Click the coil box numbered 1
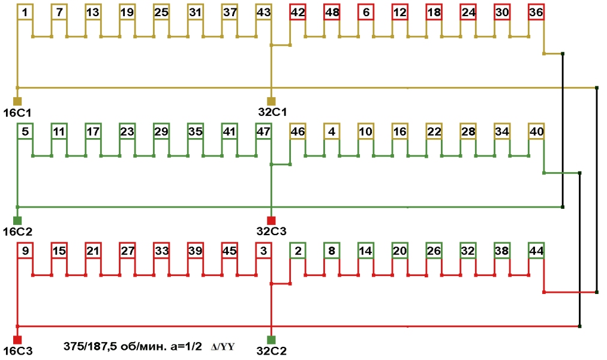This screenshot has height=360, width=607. (x=25, y=13)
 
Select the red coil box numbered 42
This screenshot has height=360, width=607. (x=298, y=13)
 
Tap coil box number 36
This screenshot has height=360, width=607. (x=536, y=13)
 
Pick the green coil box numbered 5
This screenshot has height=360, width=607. (x=25, y=131)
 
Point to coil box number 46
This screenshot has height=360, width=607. (x=298, y=131)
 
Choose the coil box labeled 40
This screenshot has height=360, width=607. (x=536, y=131)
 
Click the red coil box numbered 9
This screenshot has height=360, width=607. (x=25, y=250)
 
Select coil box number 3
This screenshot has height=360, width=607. (x=263, y=250)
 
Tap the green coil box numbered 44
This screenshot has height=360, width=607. (x=536, y=250)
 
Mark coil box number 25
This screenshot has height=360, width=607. (x=161, y=13)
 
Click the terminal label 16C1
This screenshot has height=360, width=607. (x=17, y=112)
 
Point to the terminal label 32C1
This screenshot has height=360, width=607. (x=272, y=112)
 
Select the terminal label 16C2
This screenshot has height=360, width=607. (x=17, y=232)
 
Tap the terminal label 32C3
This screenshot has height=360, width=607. (x=272, y=232)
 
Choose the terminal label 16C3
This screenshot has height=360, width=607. (x=17, y=350)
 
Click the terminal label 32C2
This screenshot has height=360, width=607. (x=272, y=350)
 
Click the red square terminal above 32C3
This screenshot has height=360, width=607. (x=271, y=220)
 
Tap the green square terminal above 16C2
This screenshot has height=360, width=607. (x=17, y=220)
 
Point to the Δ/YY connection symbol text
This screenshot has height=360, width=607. (x=221, y=347)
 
